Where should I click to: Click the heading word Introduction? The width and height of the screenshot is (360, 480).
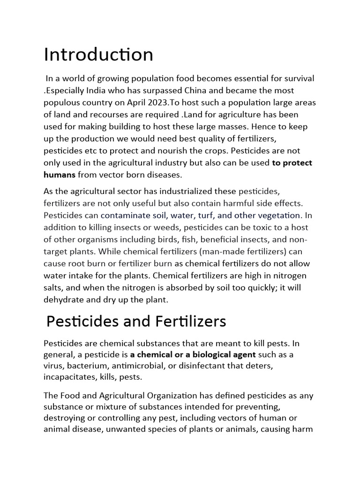click(x=98, y=55)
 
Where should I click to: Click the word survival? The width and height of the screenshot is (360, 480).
click(x=297, y=78)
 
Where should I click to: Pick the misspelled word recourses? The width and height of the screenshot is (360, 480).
click(x=106, y=114)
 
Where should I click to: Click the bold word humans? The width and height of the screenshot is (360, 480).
click(x=59, y=175)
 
